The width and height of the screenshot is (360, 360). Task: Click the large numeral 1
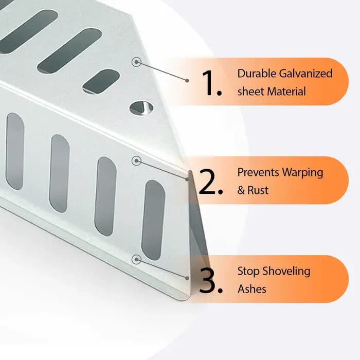208,83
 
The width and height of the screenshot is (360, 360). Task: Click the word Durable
257,74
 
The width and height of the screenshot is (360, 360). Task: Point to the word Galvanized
306,74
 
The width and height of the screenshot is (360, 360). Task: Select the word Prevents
258,172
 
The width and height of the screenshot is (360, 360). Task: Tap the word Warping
302,173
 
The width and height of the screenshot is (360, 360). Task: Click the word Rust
258,190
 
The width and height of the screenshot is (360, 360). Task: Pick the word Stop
248,272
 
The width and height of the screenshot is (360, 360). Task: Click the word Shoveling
286,272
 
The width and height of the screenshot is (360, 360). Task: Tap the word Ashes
252,289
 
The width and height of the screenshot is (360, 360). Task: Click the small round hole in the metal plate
141,107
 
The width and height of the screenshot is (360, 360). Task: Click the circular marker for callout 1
136,62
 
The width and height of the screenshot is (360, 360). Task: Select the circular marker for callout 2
136,160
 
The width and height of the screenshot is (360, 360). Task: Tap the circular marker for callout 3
136,259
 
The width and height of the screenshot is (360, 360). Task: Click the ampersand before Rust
241,190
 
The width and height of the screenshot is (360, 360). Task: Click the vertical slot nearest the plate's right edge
153,220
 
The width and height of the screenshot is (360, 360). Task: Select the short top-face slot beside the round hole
101,81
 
